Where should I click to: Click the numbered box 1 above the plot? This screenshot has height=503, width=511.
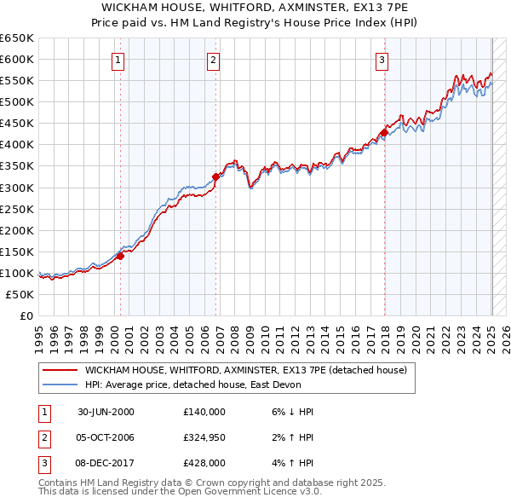pyautogui.click(x=117, y=60)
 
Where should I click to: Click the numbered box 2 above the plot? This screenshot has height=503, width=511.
pyautogui.click(x=212, y=60)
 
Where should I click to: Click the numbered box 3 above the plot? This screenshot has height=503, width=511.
pyautogui.click(x=382, y=60)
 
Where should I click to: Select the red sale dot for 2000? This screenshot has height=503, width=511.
pyautogui.click(x=121, y=255)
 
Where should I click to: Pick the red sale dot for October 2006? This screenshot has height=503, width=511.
pyautogui.click(x=215, y=176)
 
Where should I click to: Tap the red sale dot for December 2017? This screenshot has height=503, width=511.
pyautogui.click(x=384, y=132)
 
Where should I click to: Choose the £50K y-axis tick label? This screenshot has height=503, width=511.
pyautogui.click(x=20, y=294)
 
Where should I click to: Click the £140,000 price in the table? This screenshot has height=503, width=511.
pyautogui.click(x=204, y=412)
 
